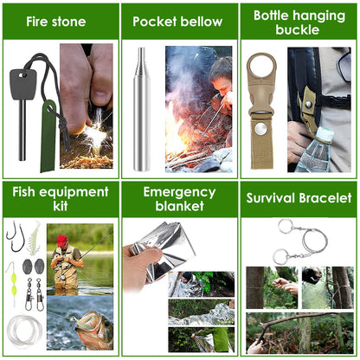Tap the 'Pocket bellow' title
coord(177,21)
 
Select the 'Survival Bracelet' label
coord(299,197)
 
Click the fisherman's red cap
coord(61,240)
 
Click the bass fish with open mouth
coord(80,325)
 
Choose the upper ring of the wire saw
coord(284,227)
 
